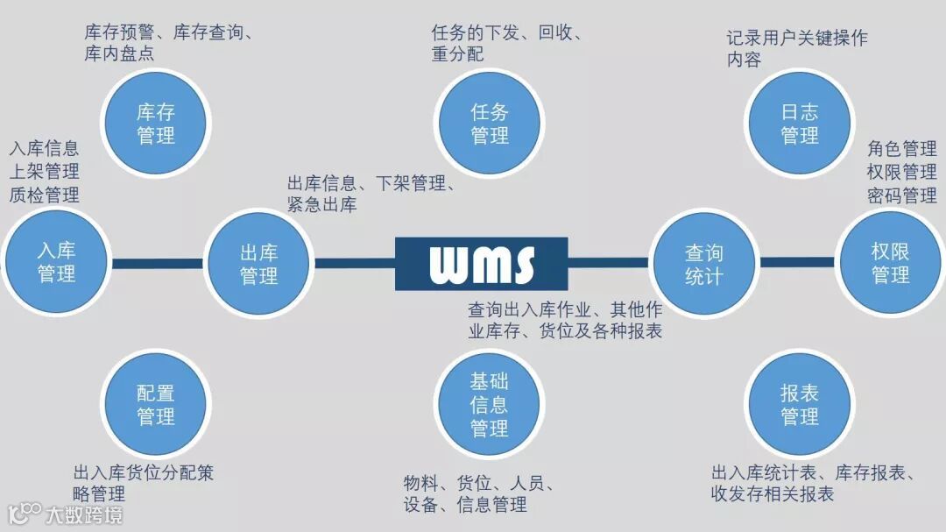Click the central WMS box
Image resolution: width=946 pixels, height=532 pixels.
tap(481, 263)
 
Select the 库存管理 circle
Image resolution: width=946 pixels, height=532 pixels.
tap(155, 124)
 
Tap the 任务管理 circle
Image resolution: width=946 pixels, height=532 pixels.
tap(489, 124)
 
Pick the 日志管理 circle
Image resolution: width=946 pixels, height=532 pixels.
tap(798, 124)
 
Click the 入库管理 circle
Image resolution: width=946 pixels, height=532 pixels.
tap(56, 262)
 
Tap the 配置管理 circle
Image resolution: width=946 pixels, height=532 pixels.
tap(155, 404)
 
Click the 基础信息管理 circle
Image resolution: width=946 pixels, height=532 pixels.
tap(489, 404)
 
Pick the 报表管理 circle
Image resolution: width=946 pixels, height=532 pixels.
tap(798, 404)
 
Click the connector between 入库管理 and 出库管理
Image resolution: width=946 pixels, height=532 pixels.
tap(157, 263)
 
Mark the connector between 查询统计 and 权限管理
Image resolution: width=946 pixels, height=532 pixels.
tap(796, 262)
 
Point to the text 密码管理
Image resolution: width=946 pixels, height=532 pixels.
tap(902, 195)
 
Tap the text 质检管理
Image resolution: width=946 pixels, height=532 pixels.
tap(45, 195)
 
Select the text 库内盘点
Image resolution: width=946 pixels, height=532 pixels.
tap(120, 53)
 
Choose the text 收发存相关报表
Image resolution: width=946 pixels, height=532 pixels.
tap(773, 493)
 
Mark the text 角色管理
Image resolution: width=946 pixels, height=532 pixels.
tap(902, 148)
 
